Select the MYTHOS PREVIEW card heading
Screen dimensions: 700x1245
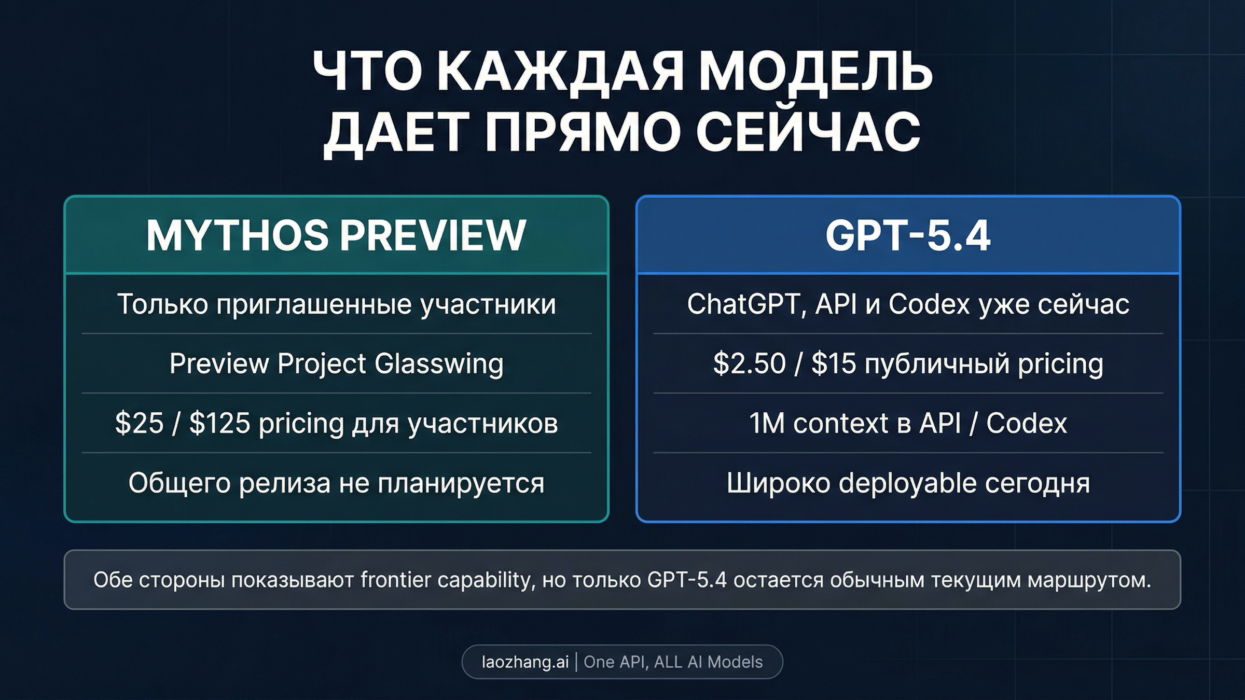coord(336,235)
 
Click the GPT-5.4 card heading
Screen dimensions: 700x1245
coord(908,235)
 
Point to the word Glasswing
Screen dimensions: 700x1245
coord(439,363)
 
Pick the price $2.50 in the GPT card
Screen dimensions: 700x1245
coord(749,363)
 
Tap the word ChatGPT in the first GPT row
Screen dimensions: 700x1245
coord(743,304)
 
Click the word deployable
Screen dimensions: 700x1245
coord(908,483)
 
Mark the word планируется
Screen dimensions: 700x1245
coord(461,483)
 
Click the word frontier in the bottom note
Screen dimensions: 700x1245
coord(395,580)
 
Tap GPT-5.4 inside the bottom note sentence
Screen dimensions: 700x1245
coord(687,580)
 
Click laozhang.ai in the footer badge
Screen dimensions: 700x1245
coord(525,662)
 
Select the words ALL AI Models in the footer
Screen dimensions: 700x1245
coord(709,662)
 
